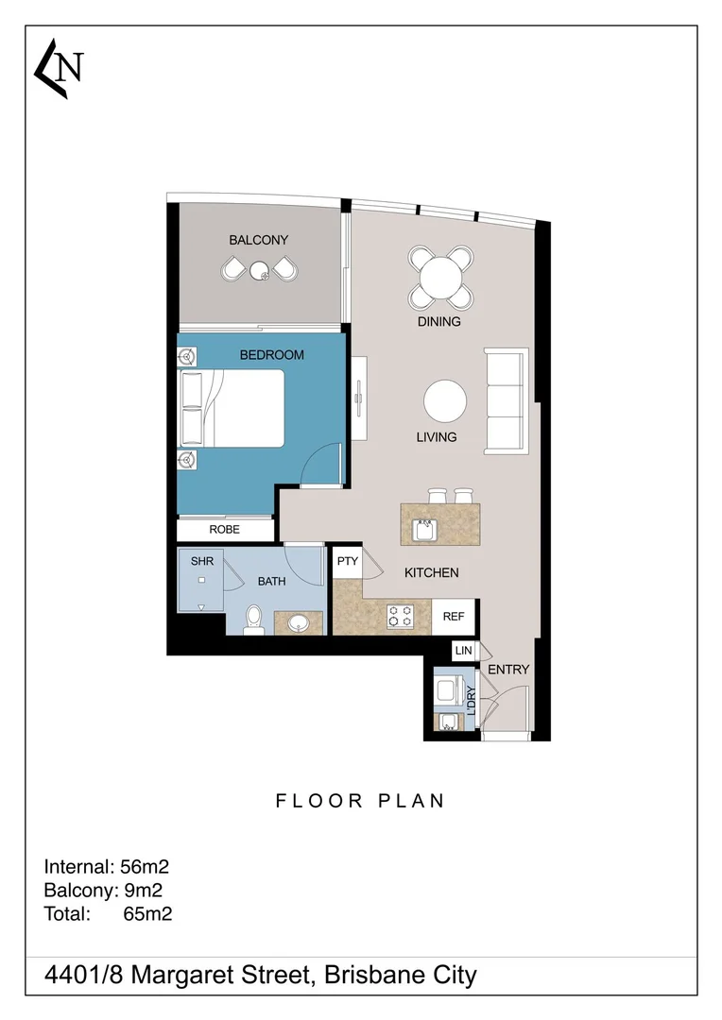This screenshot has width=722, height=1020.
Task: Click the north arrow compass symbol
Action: [59, 69]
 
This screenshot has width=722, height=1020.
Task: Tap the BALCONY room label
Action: [258, 240]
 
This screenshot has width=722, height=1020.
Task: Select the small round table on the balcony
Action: [259, 271]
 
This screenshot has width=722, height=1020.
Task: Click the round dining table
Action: [440, 278]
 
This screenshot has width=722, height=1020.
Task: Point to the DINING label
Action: [439, 321]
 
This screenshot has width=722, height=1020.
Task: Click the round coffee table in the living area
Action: [445, 401]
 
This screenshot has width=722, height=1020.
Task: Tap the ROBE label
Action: [224, 530]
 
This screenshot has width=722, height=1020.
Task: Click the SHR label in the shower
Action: [202, 561]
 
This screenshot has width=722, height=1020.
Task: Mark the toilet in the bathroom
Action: [252, 620]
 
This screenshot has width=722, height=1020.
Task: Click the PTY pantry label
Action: [348, 561]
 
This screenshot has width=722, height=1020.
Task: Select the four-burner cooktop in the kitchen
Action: [400, 617]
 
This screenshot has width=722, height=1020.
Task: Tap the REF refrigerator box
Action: [454, 617]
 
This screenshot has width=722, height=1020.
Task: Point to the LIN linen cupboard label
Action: [463, 651]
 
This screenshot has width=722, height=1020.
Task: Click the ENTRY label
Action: [507, 670]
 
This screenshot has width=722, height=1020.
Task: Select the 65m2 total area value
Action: [147, 913]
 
